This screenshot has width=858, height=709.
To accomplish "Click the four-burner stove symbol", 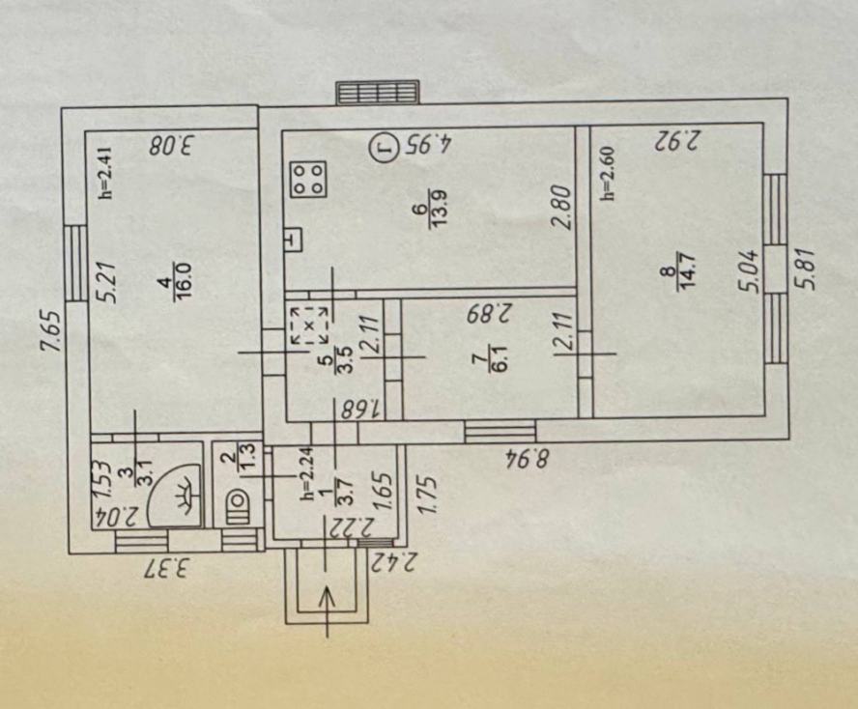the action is tap(310, 180).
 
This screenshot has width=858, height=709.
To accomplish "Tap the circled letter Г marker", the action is tap(385, 146).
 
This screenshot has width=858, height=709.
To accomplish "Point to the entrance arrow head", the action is tap(327, 597).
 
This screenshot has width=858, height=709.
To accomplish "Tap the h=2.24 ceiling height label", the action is tap(308, 474).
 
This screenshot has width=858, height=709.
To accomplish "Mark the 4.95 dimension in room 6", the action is tap(427, 145).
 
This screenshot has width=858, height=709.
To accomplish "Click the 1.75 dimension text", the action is tap(427, 496).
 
